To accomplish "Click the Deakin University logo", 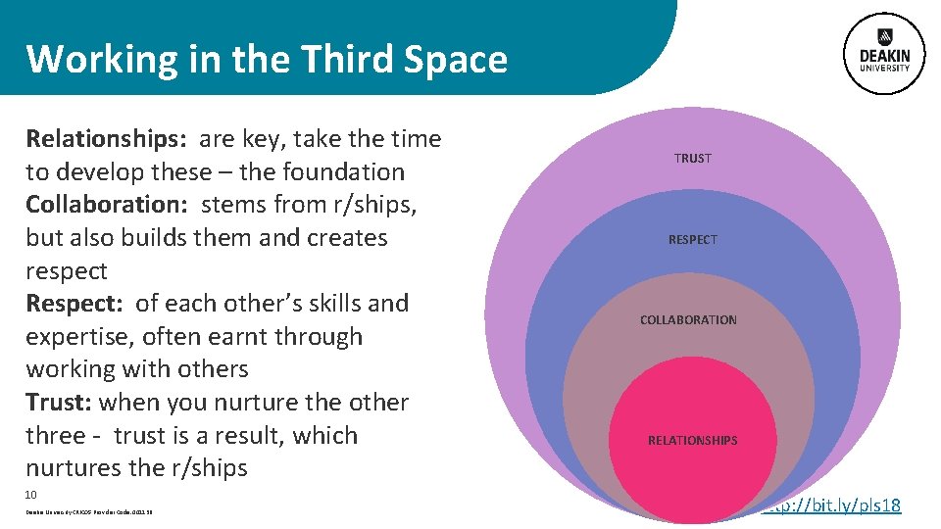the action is point(884,54).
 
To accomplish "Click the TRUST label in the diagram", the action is point(693,158).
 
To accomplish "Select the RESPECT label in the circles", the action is point(693,239).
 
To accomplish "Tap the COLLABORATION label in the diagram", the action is point(688,319).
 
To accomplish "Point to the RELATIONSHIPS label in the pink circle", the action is point(692,440).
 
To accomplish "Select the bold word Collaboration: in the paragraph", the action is point(107,205).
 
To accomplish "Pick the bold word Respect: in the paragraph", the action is point(74,304).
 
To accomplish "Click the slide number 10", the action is point(31,495).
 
